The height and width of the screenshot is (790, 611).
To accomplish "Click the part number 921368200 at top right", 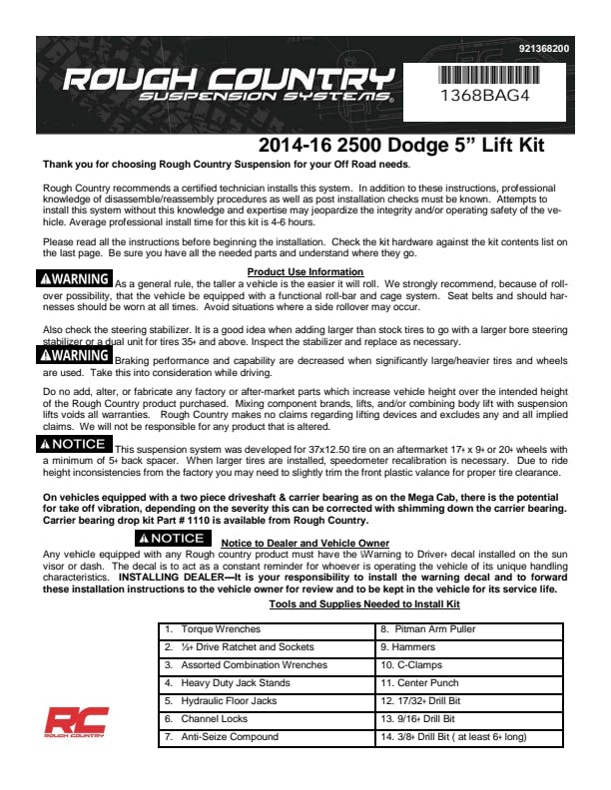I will point(544,48).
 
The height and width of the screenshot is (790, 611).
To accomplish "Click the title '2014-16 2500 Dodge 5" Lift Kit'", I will point(394,146).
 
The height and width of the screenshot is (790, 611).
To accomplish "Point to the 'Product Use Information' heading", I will point(305,271).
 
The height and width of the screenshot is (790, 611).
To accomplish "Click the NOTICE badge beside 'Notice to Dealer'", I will point(175,539).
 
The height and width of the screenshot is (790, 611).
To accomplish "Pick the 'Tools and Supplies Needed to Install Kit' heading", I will point(364,604).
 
